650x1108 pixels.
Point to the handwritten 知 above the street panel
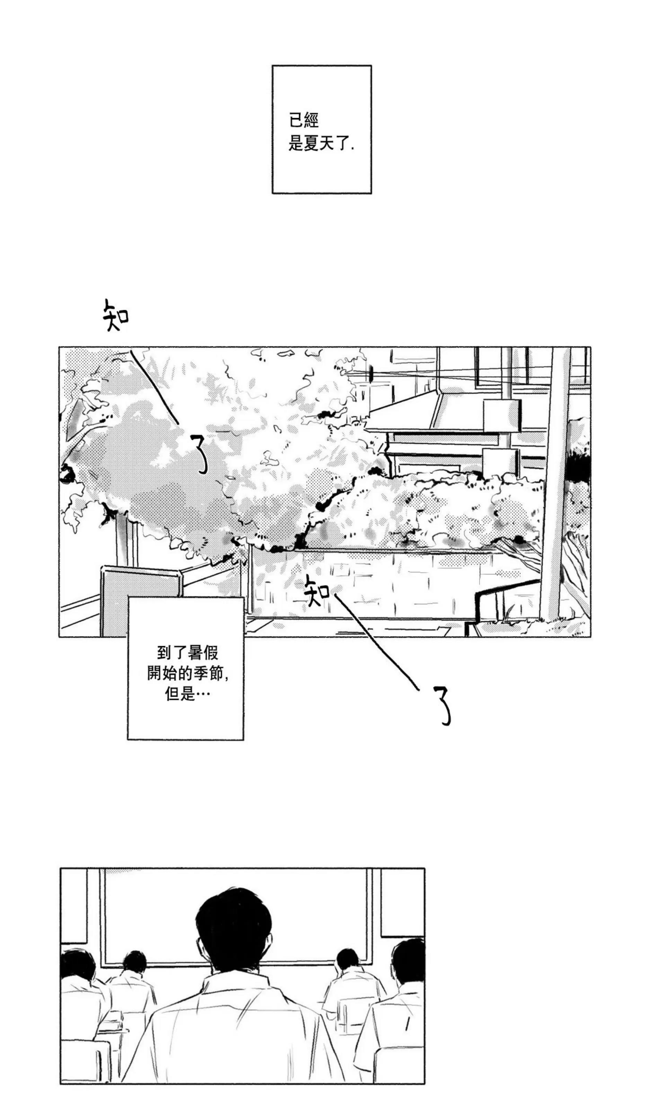click(116, 315)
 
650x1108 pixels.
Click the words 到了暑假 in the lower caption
click(187, 653)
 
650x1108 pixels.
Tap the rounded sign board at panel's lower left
click(141, 601)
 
